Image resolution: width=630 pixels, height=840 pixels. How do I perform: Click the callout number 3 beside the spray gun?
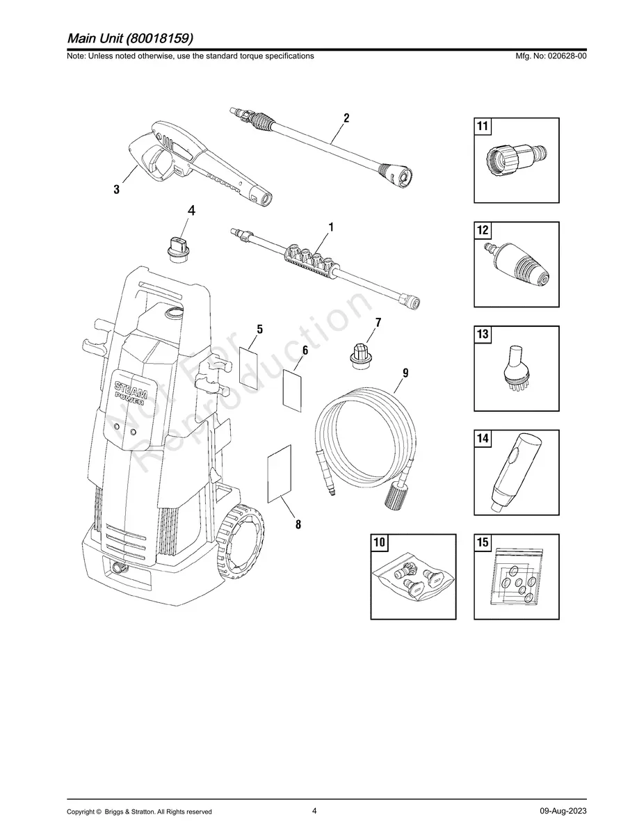point(117,190)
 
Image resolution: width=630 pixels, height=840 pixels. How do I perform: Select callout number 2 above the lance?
point(346,118)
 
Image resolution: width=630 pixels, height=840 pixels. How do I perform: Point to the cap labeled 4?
point(179,248)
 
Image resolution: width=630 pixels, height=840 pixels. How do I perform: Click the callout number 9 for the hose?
point(405,373)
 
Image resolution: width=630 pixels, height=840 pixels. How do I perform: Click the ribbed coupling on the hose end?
point(395,496)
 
